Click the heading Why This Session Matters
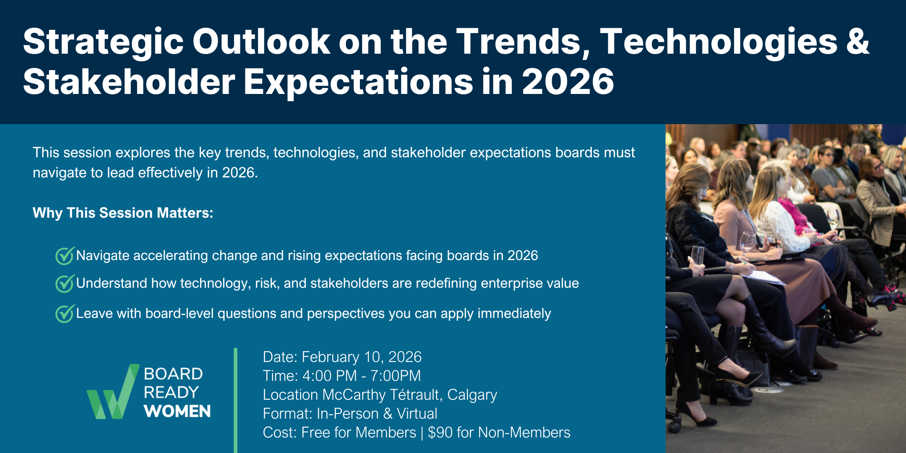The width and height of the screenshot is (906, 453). [123, 213]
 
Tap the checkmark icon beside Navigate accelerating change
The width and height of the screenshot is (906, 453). [65, 256]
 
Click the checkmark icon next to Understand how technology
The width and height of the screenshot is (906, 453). [65, 284]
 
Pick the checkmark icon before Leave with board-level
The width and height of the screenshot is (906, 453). [65, 314]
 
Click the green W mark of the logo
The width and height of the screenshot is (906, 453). [112, 392]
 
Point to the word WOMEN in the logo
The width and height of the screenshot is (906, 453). [177, 411]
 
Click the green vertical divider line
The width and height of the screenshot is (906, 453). [235, 400]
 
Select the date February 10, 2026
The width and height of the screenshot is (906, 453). [362, 357]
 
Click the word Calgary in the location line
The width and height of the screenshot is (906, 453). [472, 395]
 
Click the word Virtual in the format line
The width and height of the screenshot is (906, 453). [417, 414]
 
